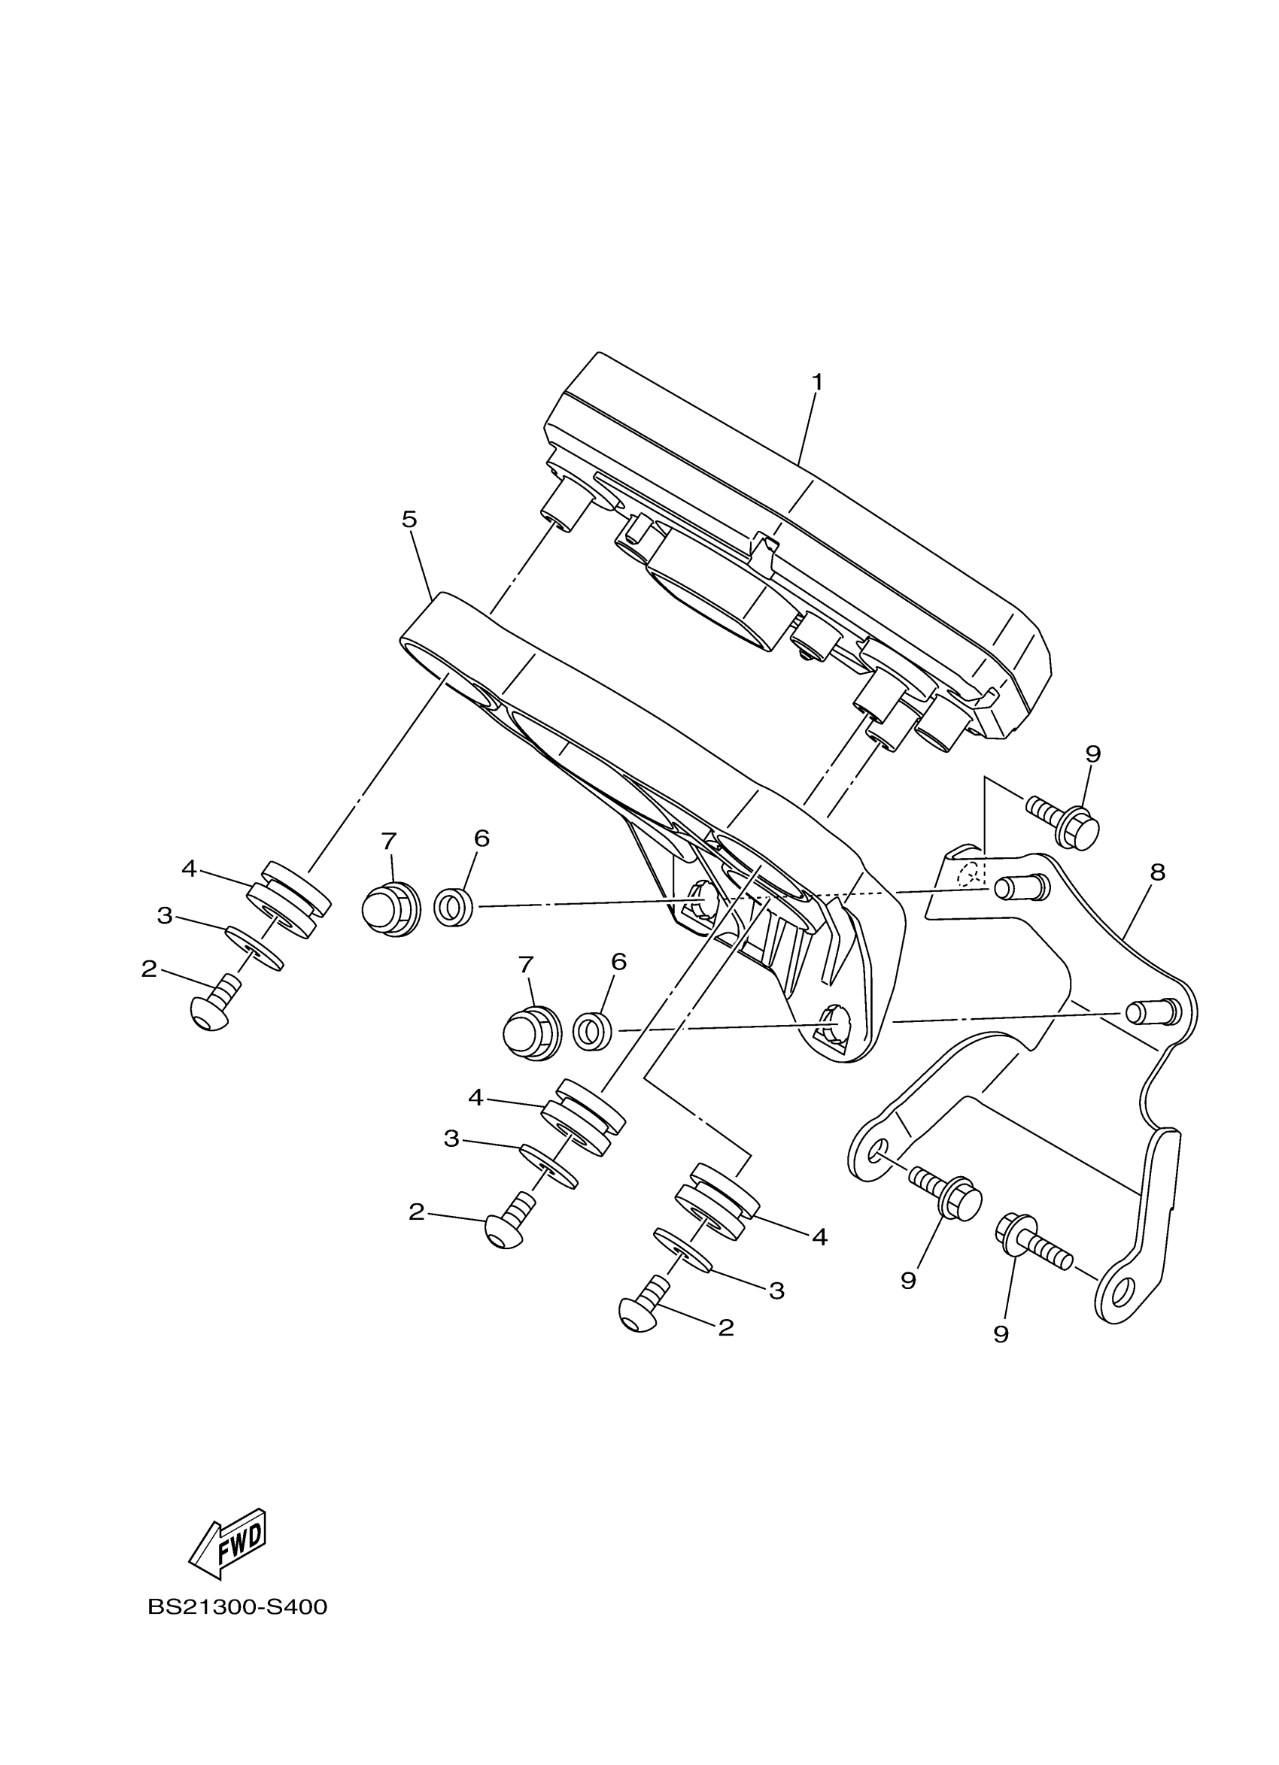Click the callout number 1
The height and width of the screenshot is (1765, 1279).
(x=816, y=382)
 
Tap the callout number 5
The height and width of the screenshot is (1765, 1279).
(x=409, y=518)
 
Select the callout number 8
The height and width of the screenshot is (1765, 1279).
(x=1158, y=872)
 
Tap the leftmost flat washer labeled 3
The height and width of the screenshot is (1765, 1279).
(x=254, y=947)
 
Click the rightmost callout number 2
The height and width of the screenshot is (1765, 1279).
(x=725, y=1327)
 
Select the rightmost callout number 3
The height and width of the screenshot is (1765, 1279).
(x=776, y=1291)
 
